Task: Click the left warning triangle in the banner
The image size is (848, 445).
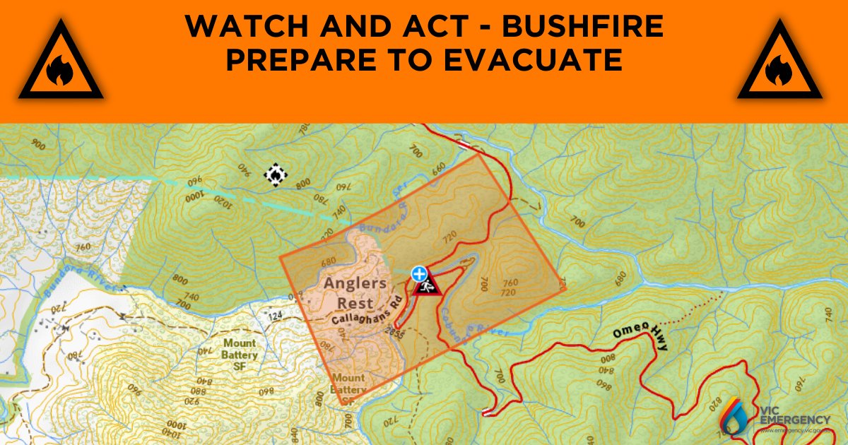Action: coord(61,62)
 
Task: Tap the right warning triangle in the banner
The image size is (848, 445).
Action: coord(779,62)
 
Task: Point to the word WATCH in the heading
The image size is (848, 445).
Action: coord(235,28)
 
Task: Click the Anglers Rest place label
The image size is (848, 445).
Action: coord(355,292)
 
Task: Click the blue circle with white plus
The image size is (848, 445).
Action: coord(420,273)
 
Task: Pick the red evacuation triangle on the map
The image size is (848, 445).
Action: coord(425,286)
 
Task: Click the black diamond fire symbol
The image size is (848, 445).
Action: coord(274,174)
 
